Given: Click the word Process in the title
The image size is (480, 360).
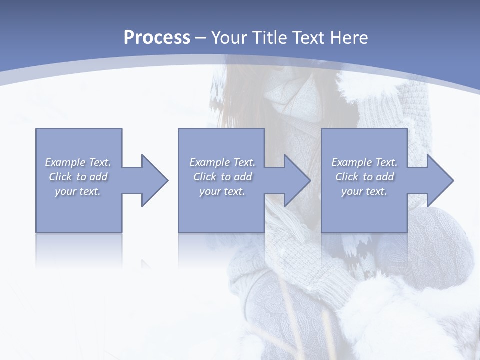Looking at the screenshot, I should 157,38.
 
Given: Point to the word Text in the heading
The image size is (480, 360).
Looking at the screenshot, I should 307,38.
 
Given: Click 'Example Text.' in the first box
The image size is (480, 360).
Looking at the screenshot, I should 78,162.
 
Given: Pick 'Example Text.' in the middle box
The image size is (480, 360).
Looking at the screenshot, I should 222,162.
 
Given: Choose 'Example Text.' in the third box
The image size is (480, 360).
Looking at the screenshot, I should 364,162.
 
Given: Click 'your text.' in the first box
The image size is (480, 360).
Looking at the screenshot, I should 78,191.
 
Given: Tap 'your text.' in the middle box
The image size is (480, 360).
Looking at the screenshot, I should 222,191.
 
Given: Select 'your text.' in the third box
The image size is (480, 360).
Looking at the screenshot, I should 364,191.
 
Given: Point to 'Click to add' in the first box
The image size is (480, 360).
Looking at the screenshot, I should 78,177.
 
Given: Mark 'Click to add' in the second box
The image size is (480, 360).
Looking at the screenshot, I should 222,177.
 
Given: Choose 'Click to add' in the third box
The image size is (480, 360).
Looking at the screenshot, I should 364,177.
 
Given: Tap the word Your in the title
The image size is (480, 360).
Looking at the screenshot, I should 226,38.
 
